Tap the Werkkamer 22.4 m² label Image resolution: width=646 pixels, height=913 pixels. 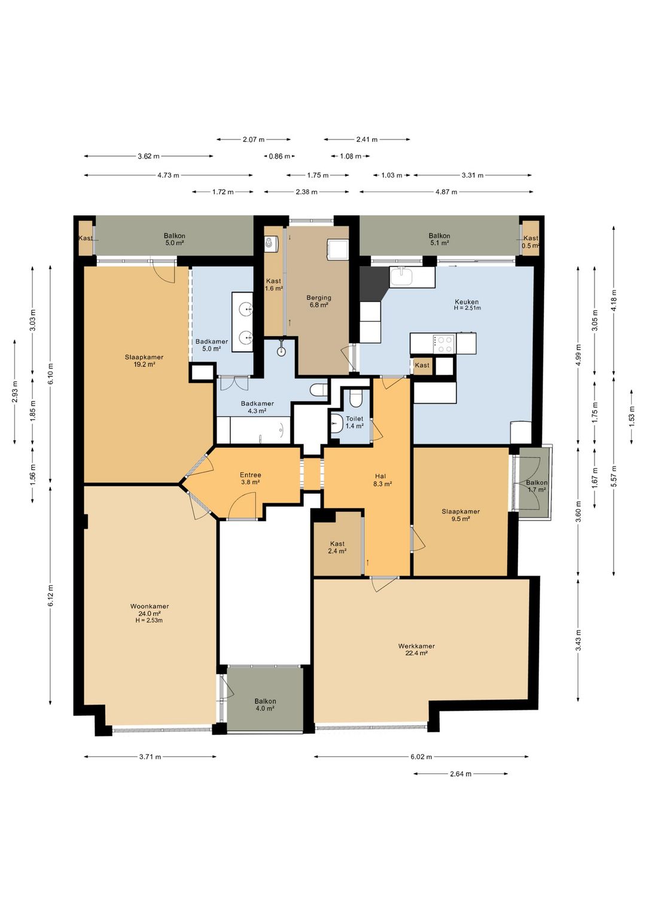tap(416, 649)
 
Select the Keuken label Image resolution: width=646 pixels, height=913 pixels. tap(467, 302)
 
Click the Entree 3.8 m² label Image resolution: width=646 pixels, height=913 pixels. tap(250, 478)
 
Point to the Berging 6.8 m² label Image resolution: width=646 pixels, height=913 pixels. tap(319, 301)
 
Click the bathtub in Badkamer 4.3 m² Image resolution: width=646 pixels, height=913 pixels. tap(260, 430)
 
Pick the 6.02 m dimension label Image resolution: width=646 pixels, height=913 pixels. tap(421, 757)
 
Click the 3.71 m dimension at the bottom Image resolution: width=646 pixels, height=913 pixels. tap(150, 757)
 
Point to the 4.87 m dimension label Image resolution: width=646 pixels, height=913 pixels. tap(446, 191)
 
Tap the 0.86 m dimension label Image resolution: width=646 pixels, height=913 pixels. tap(279, 156)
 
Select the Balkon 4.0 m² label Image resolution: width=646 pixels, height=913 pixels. tap(265, 705)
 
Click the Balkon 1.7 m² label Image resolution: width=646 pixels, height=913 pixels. tap(537, 486)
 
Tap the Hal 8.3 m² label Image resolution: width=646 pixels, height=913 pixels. tap(383, 480)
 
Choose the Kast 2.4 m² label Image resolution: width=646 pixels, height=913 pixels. tap(337, 547)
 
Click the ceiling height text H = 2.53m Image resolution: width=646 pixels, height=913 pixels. tap(150, 620)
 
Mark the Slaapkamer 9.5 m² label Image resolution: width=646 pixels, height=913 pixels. tap(461, 515)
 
